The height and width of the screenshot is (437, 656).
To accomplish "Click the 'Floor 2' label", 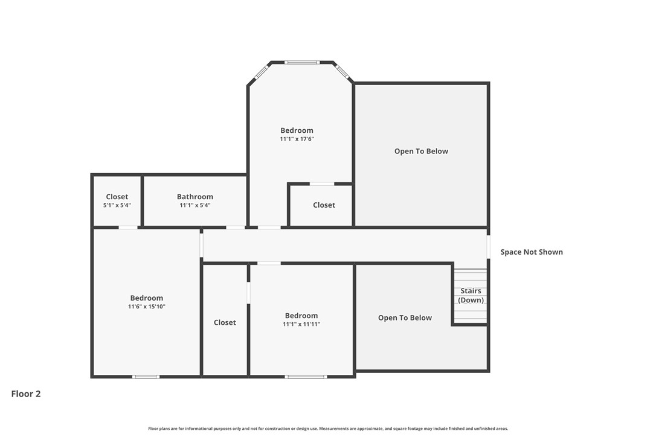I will point(26,394).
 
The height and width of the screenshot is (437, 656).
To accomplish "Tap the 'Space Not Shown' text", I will point(532,252).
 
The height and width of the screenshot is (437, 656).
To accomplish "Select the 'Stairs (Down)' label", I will point(471,295).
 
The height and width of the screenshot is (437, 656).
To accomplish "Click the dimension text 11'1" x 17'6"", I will point(297,139).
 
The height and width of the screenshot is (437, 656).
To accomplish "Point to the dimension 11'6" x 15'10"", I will point(146,307).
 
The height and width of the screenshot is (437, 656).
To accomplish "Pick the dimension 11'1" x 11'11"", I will point(301,324).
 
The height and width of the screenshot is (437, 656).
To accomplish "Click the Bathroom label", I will point(195,197).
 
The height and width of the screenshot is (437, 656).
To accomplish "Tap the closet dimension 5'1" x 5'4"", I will point(117,205).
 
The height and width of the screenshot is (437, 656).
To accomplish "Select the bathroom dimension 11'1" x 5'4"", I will point(195,205).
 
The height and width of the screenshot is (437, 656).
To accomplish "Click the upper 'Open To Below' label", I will point(421,151).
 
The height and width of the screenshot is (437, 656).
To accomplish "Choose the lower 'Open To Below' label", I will point(405,317).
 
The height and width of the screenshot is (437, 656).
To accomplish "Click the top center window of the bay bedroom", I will point(302,62).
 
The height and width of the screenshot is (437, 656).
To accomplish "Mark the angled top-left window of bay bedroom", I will point(261,72).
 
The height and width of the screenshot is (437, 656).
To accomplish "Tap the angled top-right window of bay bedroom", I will point(342,72).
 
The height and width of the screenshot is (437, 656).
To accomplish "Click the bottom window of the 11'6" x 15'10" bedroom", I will point(146,377).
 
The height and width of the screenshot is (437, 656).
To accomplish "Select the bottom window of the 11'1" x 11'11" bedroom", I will point(306,377).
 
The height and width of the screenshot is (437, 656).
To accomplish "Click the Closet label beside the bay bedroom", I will point(324,205).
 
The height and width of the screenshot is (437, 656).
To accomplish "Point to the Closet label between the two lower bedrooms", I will point(225,322).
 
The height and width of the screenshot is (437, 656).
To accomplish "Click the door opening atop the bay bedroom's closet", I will point(321,183).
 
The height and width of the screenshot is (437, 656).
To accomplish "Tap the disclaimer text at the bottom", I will point(328,429).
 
